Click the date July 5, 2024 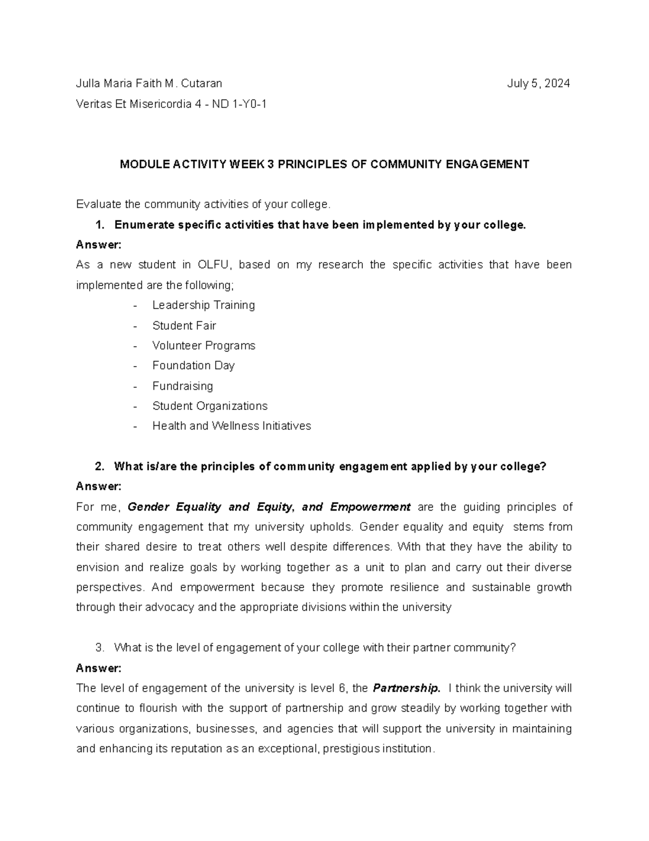[538, 83]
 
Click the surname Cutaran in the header [202, 83]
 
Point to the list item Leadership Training [203, 305]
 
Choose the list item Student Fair [184, 325]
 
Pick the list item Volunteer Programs [203, 345]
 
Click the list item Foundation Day [193, 366]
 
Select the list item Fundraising [182, 386]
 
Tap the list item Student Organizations [210, 406]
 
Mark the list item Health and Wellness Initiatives [231, 426]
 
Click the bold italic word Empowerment [370, 507]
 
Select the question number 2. [98, 467]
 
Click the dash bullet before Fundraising [135, 386]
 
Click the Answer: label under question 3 [98, 668]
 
